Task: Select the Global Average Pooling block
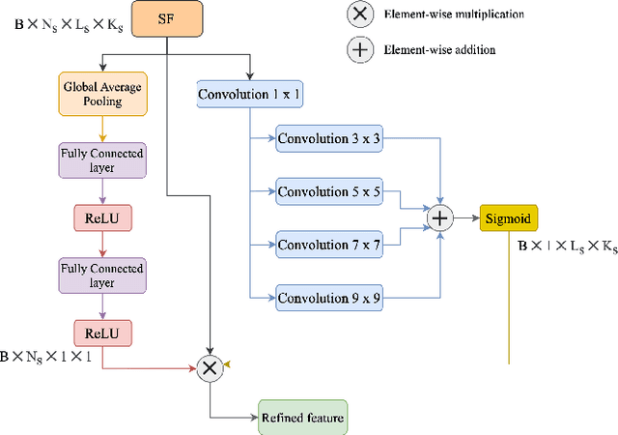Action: click(x=103, y=94)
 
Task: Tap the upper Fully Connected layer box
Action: click(x=103, y=159)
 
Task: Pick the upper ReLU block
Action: click(x=103, y=217)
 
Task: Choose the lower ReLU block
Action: click(x=103, y=333)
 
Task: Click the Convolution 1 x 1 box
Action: click(x=249, y=95)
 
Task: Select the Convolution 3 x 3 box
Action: click(x=329, y=139)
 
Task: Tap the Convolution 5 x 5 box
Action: click(x=329, y=192)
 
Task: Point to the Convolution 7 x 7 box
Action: click(x=329, y=246)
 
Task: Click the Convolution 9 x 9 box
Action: click(x=329, y=299)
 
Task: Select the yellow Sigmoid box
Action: click(x=508, y=219)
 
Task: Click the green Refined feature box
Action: click(x=301, y=418)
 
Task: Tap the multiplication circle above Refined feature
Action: click(x=210, y=365)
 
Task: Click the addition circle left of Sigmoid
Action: click(x=440, y=219)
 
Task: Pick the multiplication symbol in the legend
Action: click(x=361, y=14)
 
